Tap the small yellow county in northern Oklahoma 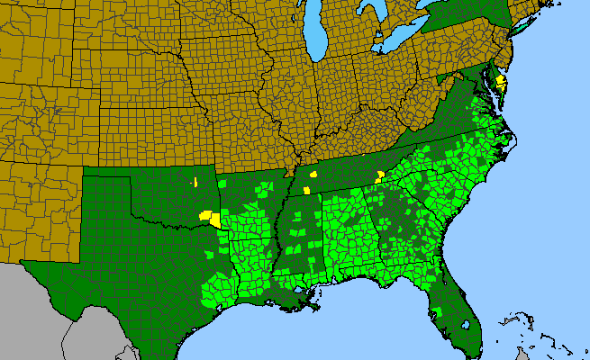click(x=195, y=183)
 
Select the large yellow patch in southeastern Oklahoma click(x=211, y=218)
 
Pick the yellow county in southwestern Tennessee click(x=307, y=190)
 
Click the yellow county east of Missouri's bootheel click(x=313, y=174)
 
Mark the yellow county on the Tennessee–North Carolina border click(x=380, y=175)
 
